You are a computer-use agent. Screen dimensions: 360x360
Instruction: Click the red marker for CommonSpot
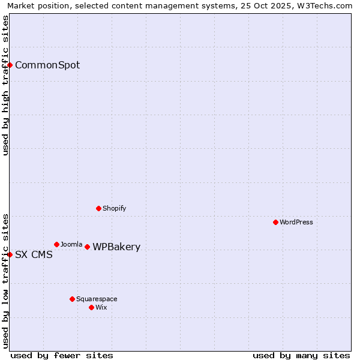coord(10,65)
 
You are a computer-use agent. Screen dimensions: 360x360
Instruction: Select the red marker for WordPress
coord(275,222)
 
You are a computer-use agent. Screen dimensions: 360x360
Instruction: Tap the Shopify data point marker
coord(98,208)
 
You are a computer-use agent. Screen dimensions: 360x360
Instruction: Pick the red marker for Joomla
coord(56,244)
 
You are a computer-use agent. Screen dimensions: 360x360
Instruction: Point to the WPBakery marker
coord(87,247)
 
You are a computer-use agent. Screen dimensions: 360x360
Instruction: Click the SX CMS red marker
coord(10,254)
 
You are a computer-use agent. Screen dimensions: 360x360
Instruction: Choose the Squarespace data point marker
coord(72,299)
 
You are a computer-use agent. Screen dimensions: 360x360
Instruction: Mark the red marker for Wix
coord(91,307)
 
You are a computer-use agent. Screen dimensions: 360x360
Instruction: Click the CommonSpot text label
coord(47,65)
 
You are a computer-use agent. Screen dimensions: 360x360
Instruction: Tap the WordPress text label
coord(296,222)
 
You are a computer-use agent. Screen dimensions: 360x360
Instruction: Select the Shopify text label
coord(115,208)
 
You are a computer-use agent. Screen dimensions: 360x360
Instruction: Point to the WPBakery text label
coord(116,247)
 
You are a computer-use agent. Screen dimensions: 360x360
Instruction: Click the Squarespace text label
coord(97,299)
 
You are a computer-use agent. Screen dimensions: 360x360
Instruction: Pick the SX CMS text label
coord(34,254)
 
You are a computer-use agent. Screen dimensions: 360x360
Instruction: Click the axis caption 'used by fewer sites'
coord(62,355)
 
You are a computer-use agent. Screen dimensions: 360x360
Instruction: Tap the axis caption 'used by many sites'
coord(301,355)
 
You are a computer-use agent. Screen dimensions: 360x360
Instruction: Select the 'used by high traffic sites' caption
coord(5,85)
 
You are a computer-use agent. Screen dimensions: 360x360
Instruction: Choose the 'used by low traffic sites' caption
coord(5,281)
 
